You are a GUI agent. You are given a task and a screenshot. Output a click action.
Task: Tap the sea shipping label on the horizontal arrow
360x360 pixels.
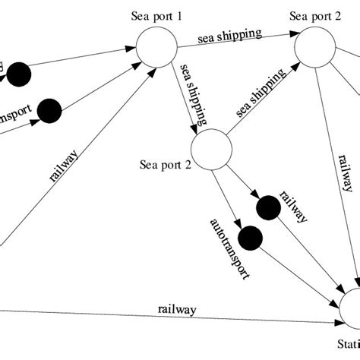pos(230,35)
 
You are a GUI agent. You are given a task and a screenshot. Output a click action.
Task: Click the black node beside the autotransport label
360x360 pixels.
pos(248,238)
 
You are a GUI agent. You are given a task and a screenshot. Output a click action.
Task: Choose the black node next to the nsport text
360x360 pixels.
pos(51,109)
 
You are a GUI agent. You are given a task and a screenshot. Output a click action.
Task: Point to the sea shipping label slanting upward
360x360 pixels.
pos(260,93)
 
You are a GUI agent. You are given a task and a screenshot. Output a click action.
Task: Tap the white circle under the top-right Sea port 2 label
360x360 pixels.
pos(315,50)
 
